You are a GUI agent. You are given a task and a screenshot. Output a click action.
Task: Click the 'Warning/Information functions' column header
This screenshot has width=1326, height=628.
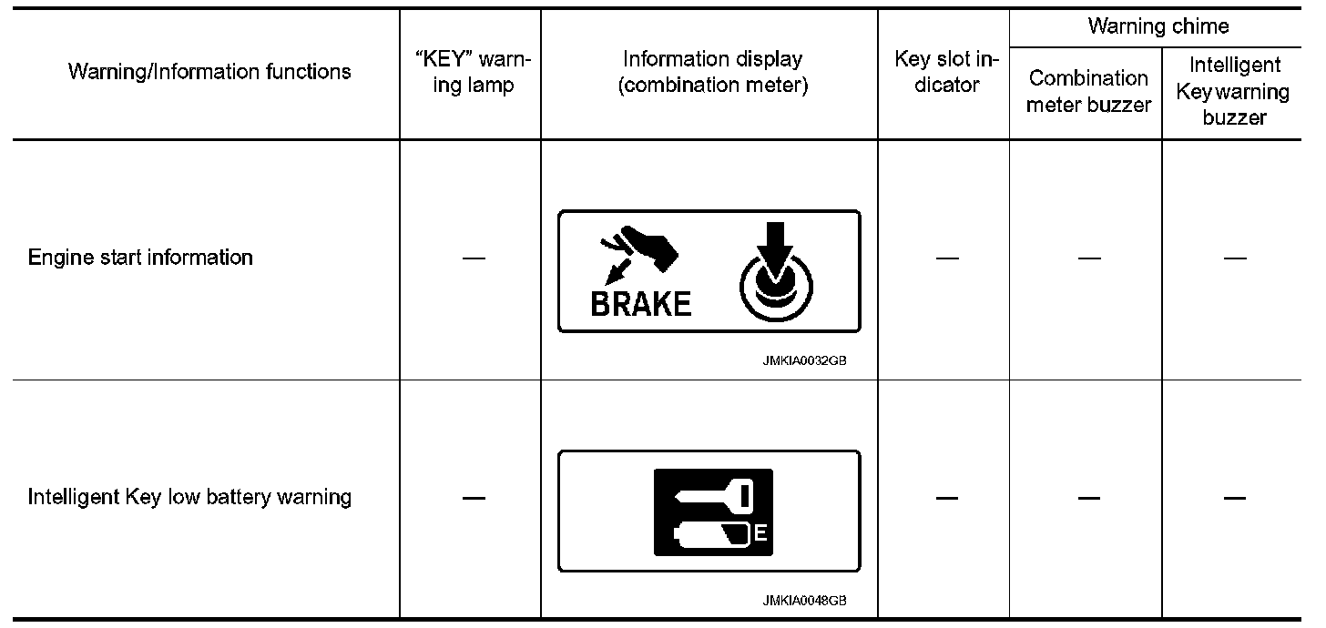[209, 72]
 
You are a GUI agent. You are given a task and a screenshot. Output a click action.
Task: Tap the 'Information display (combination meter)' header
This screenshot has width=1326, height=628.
[712, 73]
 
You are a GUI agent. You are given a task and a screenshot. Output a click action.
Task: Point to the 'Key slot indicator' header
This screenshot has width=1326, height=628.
[946, 73]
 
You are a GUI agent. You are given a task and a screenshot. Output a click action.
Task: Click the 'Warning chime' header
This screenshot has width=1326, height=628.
[1158, 26]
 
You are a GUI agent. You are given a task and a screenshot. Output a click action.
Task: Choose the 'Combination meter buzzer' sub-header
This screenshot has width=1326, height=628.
[1088, 91]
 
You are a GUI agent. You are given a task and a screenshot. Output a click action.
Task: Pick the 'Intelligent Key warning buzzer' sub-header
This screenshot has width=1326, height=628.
[1234, 91]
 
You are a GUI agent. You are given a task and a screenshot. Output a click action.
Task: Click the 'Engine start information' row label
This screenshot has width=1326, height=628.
[140, 258]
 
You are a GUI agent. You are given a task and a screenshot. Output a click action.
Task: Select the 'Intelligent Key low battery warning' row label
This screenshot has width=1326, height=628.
[189, 498]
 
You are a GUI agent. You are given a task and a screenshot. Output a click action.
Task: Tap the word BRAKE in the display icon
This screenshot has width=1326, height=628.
[641, 304]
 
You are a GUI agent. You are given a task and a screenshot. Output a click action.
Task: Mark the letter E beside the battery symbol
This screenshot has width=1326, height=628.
[761, 534]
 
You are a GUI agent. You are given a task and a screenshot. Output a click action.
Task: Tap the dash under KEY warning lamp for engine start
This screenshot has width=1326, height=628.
[473, 258]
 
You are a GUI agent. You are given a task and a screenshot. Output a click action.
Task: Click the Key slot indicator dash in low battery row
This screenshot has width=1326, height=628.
[946, 499]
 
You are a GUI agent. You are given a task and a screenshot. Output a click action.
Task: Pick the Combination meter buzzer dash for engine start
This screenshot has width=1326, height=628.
[1088, 258]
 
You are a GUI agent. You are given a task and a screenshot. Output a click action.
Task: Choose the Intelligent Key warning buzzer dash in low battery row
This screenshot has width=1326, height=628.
[1234, 499]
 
